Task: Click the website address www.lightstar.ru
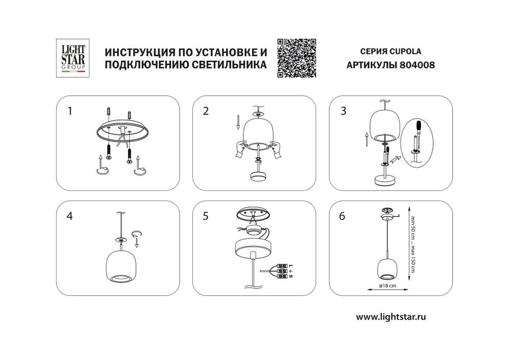pos(390,316)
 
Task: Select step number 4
pos(70,216)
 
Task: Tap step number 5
pos(206,216)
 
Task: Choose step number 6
pos(343,216)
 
